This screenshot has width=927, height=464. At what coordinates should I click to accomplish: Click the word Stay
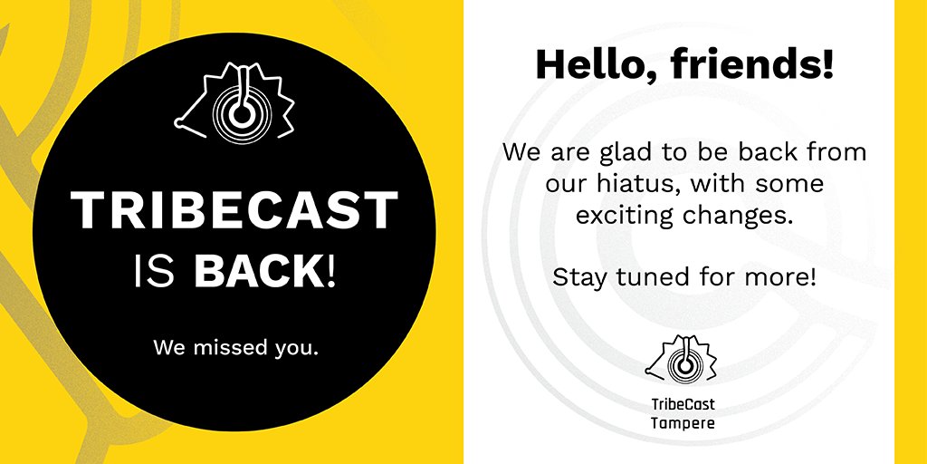pyautogui.click(x=578, y=276)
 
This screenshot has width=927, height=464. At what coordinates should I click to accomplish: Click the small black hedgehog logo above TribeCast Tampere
pyautogui.click(x=683, y=360)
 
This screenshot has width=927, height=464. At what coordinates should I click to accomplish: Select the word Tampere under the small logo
pyautogui.click(x=683, y=421)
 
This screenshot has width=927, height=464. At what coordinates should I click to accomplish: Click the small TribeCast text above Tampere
pyautogui.click(x=683, y=404)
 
